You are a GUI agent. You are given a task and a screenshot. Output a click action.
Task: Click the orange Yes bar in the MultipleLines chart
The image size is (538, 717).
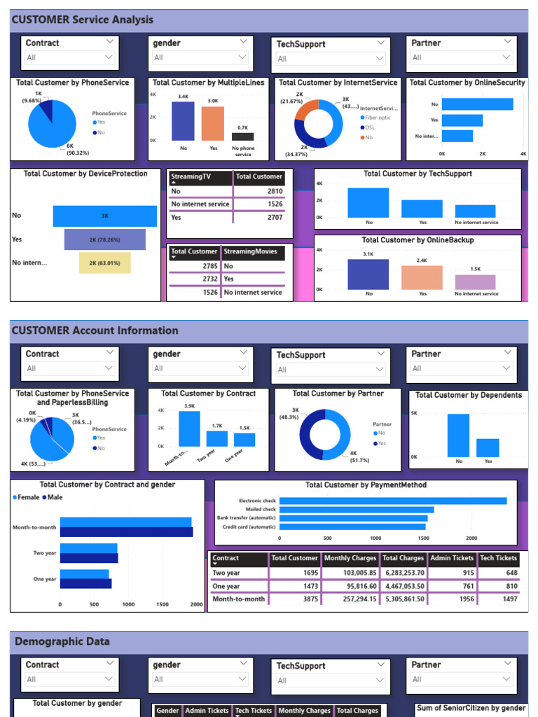tap(213, 124)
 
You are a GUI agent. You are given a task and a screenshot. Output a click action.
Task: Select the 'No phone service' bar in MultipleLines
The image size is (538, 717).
tap(243, 137)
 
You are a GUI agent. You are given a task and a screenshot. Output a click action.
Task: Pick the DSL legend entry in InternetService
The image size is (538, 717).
tap(369, 127)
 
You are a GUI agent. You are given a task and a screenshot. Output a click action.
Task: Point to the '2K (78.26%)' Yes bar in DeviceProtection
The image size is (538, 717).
tap(105, 239)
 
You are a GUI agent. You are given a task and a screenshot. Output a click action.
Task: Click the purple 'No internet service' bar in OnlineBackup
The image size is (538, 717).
tap(475, 282)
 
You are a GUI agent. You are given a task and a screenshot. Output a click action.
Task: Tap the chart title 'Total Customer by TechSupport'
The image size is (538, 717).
tap(418, 174)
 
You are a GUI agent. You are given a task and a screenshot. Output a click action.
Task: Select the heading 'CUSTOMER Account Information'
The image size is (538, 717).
tap(95, 330)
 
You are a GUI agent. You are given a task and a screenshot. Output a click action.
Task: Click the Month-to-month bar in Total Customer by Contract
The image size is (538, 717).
tap(189, 429)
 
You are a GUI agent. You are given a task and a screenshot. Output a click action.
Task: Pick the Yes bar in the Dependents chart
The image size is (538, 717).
tap(488, 448)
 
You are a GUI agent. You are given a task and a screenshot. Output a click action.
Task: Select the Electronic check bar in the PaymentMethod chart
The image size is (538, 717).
tap(392, 501)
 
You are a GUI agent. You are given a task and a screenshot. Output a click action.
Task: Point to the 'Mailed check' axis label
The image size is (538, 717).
tap(258, 510)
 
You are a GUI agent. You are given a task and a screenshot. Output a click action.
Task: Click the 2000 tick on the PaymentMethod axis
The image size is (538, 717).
tap(471, 538)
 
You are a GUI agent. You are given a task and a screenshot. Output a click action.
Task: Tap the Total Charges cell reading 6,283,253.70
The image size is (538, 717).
tap(403, 573)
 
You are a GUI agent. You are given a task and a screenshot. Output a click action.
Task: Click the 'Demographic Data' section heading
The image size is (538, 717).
tap(62, 641)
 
